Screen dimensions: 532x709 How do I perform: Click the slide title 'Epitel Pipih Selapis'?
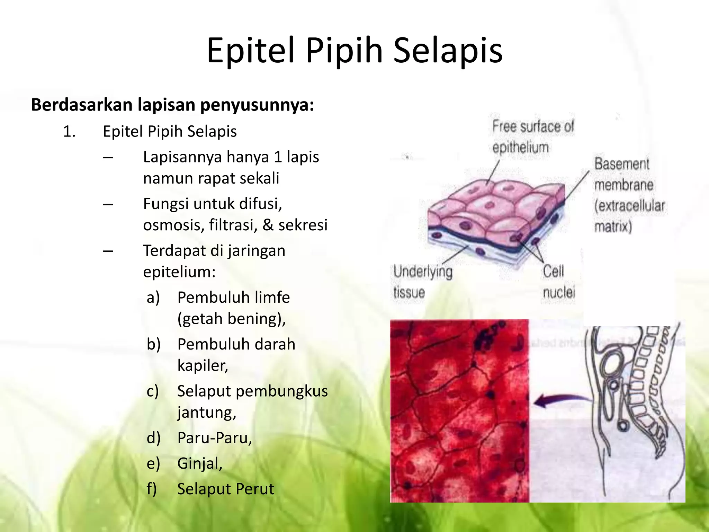(x=354, y=51)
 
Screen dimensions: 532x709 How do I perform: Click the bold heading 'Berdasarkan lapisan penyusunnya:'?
(x=172, y=105)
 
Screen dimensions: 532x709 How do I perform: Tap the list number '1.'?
(x=69, y=132)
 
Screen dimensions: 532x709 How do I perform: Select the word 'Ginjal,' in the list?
(x=200, y=463)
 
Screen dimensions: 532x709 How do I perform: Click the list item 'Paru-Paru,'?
(x=215, y=438)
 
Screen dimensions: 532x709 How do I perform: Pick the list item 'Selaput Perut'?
(x=225, y=489)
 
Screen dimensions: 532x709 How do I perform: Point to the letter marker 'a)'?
(x=153, y=298)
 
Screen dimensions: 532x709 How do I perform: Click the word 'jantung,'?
(x=207, y=413)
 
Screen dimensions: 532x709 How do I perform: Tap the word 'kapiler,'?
(x=203, y=365)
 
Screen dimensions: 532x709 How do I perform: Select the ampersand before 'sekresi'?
(x=268, y=225)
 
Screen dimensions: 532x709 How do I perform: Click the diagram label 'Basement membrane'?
(x=623, y=175)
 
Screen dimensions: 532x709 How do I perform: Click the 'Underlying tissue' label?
(x=423, y=282)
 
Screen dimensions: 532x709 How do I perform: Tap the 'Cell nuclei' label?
(x=558, y=282)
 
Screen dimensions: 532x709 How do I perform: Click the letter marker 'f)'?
(x=152, y=489)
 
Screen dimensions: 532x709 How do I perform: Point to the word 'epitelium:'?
(x=179, y=272)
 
